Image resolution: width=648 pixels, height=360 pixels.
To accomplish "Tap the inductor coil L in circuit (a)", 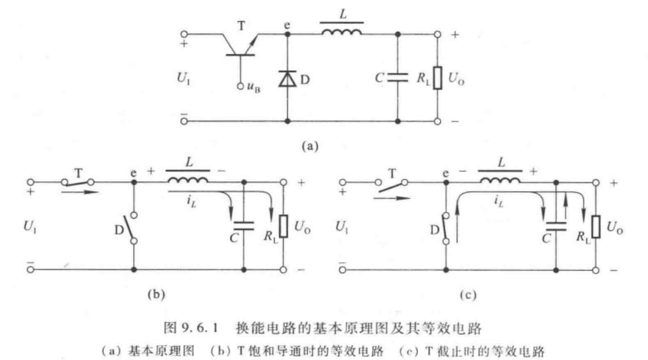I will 342,32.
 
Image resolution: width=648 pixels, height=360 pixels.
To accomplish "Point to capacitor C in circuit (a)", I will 397,79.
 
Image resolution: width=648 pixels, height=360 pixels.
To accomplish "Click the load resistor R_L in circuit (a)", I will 437,79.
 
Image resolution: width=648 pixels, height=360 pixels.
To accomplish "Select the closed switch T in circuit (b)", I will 78,182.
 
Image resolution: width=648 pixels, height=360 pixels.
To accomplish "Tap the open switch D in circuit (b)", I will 134,227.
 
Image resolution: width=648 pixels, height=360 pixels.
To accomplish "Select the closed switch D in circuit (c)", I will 446,227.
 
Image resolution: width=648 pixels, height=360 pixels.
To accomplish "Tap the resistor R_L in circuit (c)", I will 595,226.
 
